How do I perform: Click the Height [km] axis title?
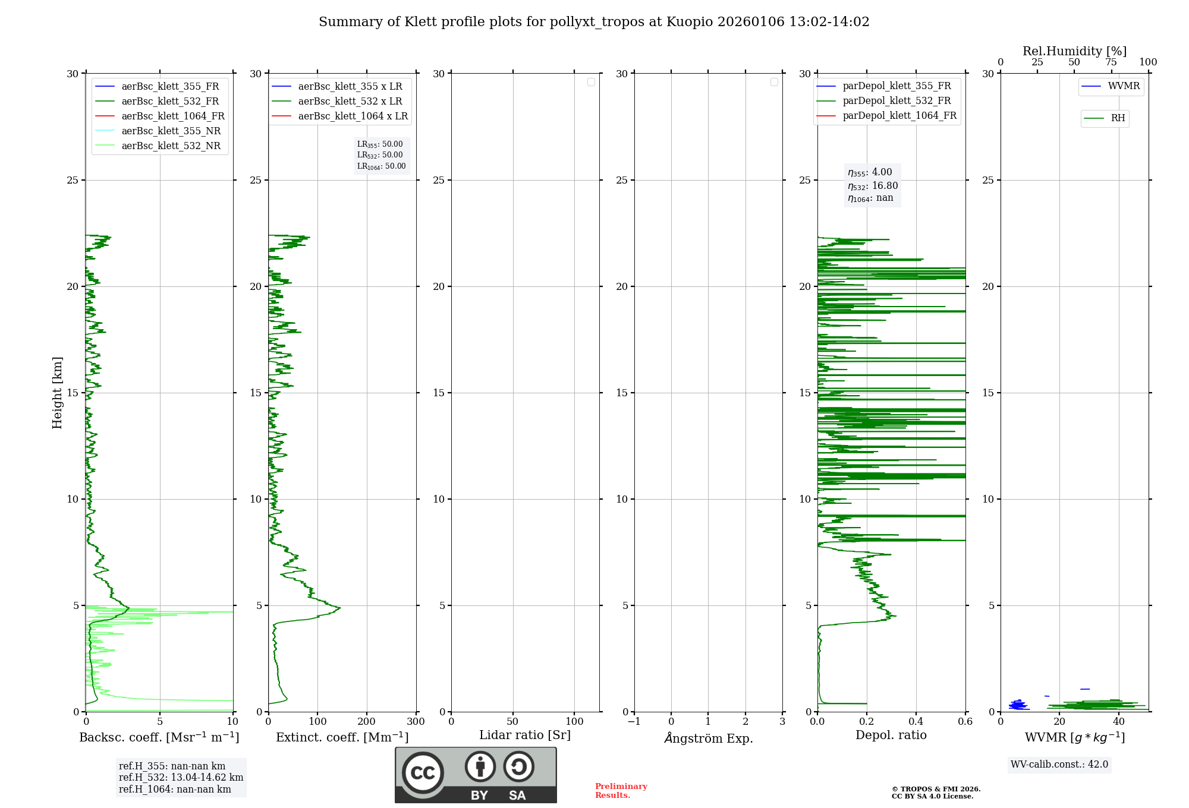pyautogui.click(x=57, y=393)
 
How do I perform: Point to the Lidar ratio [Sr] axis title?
pyautogui.click(x=524, y=736)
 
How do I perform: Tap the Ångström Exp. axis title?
pyautogui.click(x=708, y=738)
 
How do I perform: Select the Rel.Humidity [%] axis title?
pyautogui.click(x=1074, y=51)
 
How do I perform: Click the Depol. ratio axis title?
pyautogui.click(x=891, y=736)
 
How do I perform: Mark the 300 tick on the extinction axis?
pyautogui.click(x=416, y=722)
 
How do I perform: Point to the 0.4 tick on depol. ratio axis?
pyautogui.click(x=916, y=722)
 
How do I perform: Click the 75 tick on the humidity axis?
pyautogui.click(x=1111, y=62)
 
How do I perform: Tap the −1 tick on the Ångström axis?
pyautogui.click(x=634, y=722)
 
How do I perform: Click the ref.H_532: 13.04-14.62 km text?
pyautogui.click(x=181, y=778)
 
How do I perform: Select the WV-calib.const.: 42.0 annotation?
pyautogui.click(x=1059, y=765)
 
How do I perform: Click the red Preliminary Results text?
pyautogui.click(x=621, y=791)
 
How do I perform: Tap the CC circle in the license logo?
pyautogui.click(x=423, y=773)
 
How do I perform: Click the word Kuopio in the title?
pyautogui.click(x=690, y=22)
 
